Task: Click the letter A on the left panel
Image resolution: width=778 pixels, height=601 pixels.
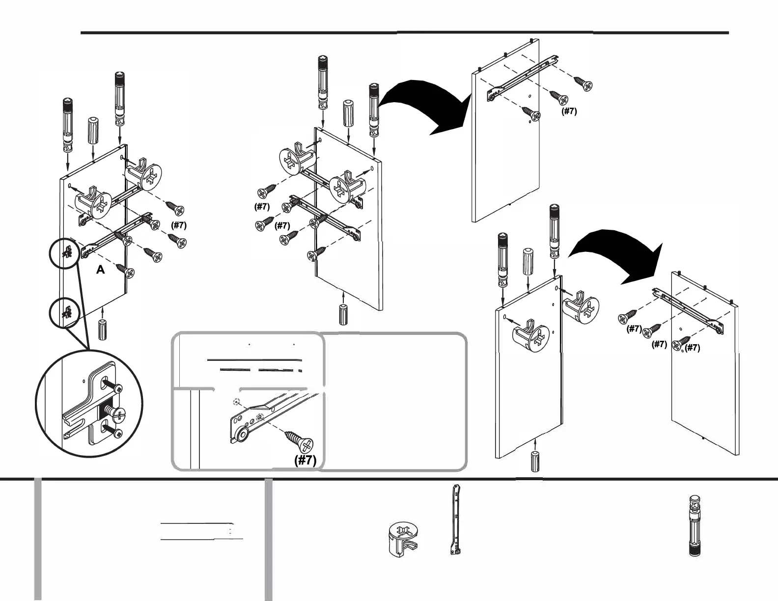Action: pyautogui.click(x=101, y=270)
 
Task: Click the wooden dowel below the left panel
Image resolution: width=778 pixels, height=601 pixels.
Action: pyautogui.click(x=103, y=329)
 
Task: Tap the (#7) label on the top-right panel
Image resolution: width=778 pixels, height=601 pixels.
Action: pyautogui.click(x=569, y=111)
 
